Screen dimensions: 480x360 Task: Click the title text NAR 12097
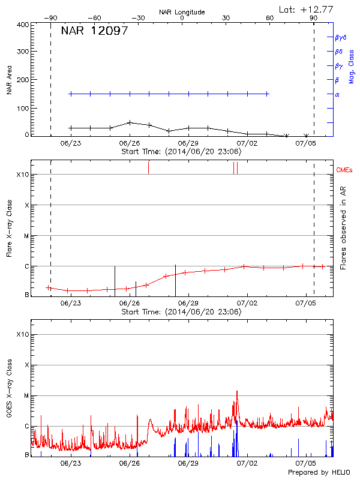[94, 31]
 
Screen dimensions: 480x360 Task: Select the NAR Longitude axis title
[182, 11]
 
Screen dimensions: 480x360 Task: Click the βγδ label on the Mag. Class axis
[340, 37]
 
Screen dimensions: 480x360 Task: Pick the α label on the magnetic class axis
[337, 94]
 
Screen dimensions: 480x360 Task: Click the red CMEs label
[345, 171]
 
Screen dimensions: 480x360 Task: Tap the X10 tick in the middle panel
[23, 175]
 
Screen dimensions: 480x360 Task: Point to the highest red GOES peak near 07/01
[237, 391]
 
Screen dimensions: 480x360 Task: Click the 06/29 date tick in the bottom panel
[188, 464]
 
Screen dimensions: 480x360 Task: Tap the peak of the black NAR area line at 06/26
[130, 122]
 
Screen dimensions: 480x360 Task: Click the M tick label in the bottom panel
[26, 395]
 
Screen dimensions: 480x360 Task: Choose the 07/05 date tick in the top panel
[306, 143]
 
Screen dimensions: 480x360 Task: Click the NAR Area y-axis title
[9, 80]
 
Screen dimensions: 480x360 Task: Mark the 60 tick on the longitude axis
[270, 18]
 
